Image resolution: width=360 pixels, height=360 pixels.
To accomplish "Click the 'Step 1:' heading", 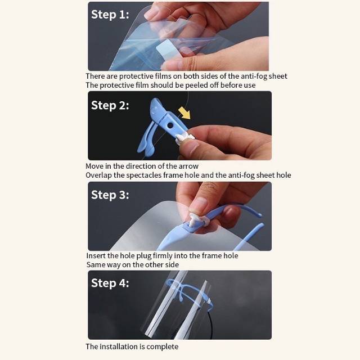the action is (110, 15).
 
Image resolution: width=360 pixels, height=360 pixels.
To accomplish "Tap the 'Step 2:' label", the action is (110, 106).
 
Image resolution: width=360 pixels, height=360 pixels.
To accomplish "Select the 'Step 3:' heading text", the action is (110, 195).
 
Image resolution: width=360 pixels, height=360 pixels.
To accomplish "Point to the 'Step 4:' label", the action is (110, 283).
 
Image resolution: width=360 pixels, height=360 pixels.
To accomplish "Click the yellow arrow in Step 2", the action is (184, 112).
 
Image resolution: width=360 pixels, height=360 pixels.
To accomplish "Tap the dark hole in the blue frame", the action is (170, 125).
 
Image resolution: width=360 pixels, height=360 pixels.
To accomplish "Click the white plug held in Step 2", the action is (185, 139).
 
